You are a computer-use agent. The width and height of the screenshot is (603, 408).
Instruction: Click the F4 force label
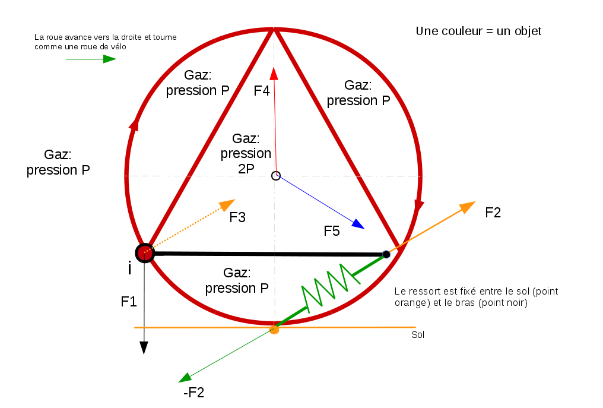click(x=262, y=91)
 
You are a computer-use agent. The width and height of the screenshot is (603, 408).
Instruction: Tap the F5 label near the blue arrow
click(x=332, y=232)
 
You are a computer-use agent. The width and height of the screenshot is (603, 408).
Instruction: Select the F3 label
click(x=237, y=217)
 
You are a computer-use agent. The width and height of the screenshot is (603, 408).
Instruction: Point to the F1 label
click(x=129, y=302)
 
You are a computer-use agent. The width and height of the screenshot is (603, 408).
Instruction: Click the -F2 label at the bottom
click(x=194, y=393)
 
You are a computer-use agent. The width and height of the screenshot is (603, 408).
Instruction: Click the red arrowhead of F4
click(x=274, y=73)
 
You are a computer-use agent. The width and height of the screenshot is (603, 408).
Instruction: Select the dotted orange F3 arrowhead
click(x=227, y=204)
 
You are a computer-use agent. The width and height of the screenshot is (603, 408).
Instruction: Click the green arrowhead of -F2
click(x=186, y=378)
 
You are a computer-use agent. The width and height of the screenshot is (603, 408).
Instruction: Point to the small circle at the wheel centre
click(x=275, y=175)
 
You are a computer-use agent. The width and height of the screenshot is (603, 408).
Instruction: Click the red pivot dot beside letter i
click(x=144, y=253)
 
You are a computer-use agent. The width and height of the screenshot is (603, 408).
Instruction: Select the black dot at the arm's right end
click(x=386, y=254)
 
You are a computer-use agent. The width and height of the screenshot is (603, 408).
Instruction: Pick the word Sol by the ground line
click(x=418, y=335)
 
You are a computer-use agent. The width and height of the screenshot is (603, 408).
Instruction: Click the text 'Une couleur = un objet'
click(x=478, y=31)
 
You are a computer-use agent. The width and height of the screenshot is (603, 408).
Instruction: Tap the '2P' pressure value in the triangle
click(x=246, y=168)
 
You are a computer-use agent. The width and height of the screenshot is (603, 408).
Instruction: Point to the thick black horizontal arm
click(x=267, y=254)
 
